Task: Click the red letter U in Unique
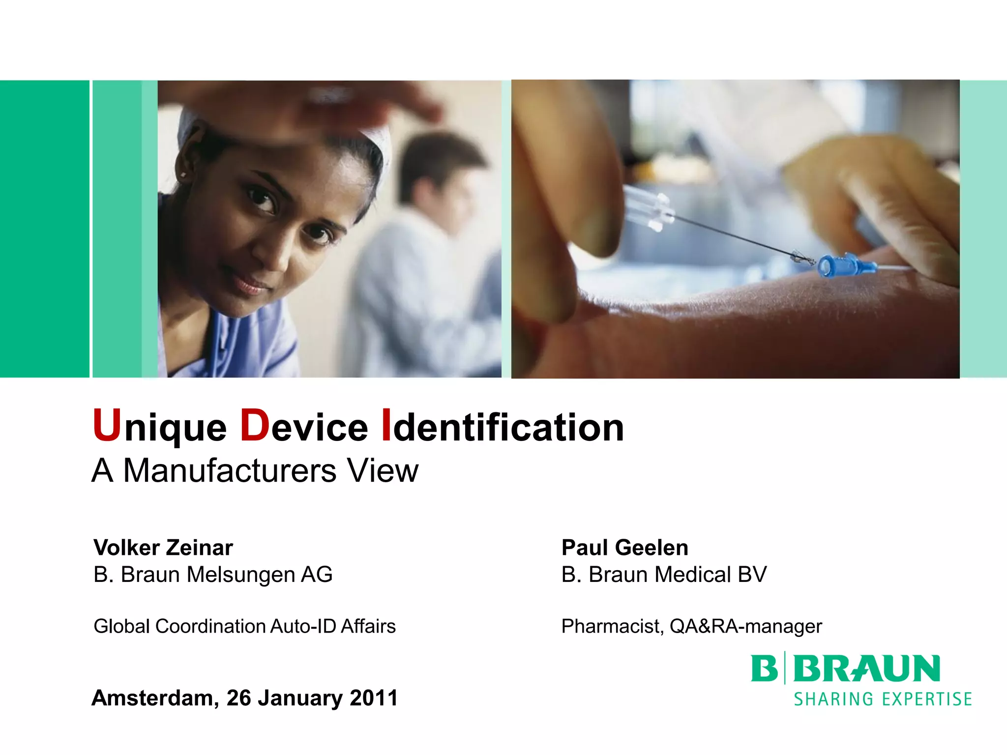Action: click(x=107, y=425)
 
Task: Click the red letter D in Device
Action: click(x=255, y=425)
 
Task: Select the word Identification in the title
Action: click(x=503, y=427)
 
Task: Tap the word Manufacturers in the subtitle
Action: click(x=230, y=471)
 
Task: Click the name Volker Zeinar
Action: click(x=163, y=548)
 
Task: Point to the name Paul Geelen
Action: click(x=624, y=548)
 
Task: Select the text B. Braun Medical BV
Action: click(x=664, y=575)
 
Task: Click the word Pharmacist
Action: click(x=612, y=626)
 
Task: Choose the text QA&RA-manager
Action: click(x=745, y=626)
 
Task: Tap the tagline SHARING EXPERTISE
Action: click(x=883, y=699)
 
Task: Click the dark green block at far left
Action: click(x=44, y=229)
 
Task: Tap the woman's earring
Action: click(x=183, y=174)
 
